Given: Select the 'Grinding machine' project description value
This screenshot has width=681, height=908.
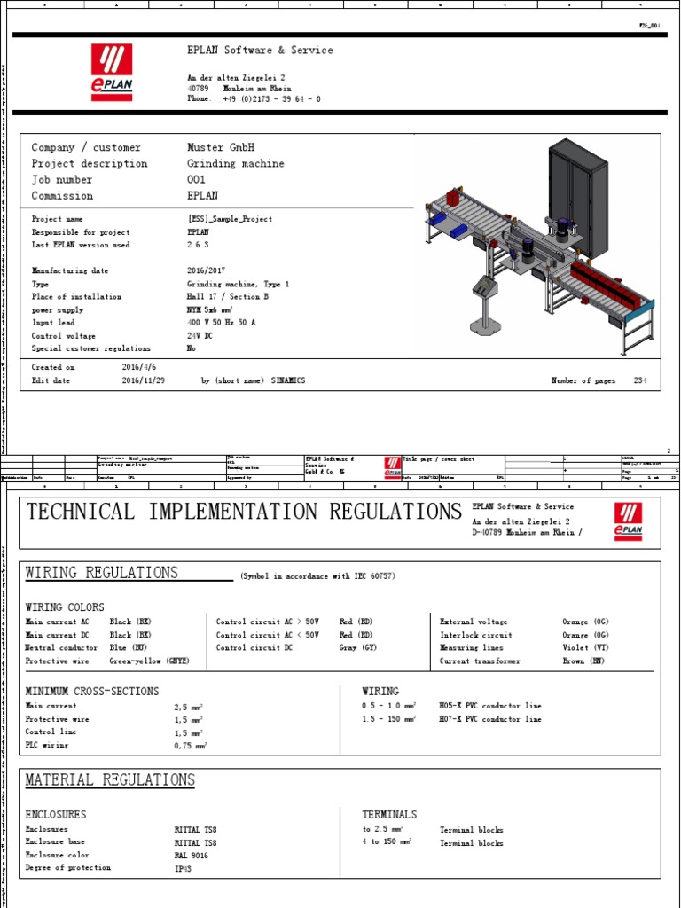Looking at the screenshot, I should tap(236, 164).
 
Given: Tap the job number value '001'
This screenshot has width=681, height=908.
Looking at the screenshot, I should tap(196, 180).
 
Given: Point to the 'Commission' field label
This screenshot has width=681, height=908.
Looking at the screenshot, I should tap(62, 196).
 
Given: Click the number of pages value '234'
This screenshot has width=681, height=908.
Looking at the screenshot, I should tap(641, 380).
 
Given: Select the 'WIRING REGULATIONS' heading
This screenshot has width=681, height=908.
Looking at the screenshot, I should tap(102, 573).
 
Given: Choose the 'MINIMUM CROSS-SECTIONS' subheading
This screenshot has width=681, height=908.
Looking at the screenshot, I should tap(92, 691).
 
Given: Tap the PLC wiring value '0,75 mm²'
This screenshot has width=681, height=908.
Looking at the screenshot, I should tap(190, 746).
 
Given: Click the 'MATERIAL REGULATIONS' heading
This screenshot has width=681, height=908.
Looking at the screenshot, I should tap(110, 780).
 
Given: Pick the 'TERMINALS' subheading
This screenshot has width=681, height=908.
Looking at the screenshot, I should tap(389, 814).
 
